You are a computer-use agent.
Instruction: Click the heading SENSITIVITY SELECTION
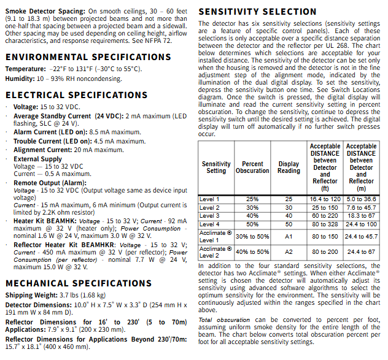[x=257, y=12]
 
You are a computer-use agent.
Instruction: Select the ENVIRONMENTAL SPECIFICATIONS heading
[x=88, y=57]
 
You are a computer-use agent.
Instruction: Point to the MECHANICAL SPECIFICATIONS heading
[x=78, y=283]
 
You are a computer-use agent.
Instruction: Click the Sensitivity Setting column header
[x=216, y=167]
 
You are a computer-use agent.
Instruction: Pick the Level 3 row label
[x=209, y=216]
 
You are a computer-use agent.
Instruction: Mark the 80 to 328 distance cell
[x=325, y=224]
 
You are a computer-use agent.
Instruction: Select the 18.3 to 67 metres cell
[x=361, y=216]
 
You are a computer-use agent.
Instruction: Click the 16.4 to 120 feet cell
[x=325, y=200]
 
